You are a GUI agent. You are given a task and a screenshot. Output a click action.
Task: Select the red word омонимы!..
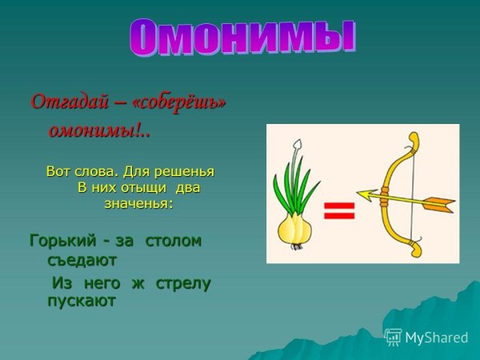pyautogui.click(x=99, y=130)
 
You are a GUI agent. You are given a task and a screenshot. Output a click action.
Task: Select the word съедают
pyautogui.click(x=82, y=260)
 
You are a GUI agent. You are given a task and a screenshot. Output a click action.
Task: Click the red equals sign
pyautogui.click(x=339, y=210)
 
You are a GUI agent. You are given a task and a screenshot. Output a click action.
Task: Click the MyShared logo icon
pyautogui.click(x=393, y=337)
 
